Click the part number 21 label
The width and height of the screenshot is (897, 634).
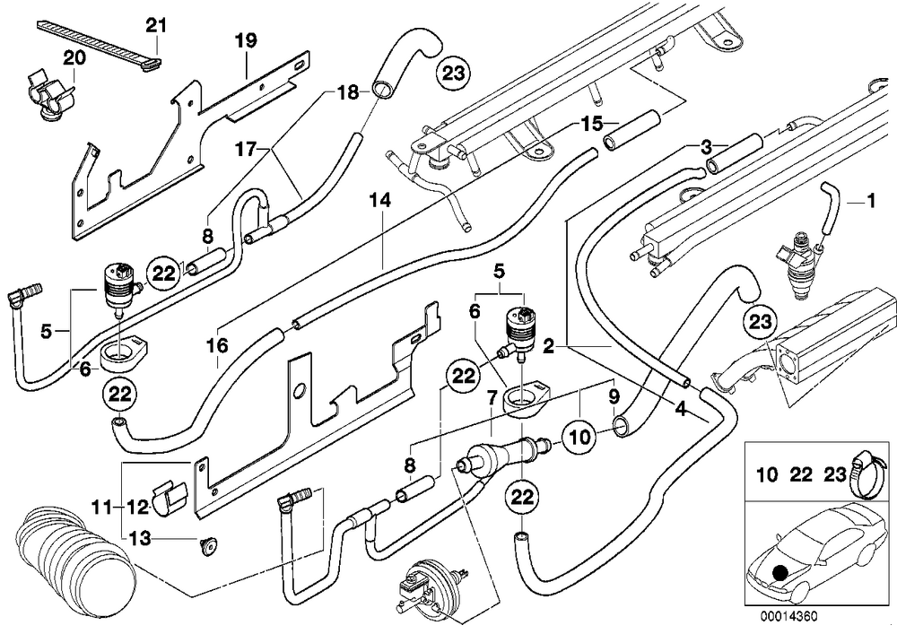click(x=155, y=26)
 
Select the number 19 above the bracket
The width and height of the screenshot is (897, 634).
click(x=246, y=41)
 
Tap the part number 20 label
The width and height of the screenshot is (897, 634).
click(x=74, y=58)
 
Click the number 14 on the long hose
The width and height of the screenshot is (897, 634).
click(x=380, y=201)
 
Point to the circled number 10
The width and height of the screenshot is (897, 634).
click(x=579, y=438)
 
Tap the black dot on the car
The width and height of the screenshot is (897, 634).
click(x=779, y=573)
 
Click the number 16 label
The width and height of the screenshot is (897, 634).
click(x=218, y=345)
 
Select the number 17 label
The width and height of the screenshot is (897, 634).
click(x=246, y=150)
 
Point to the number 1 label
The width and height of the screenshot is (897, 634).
click(x=871, y=201)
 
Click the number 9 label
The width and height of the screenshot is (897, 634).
click(x=614, y=395)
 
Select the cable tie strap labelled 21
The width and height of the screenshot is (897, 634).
click(x=100, y=43)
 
